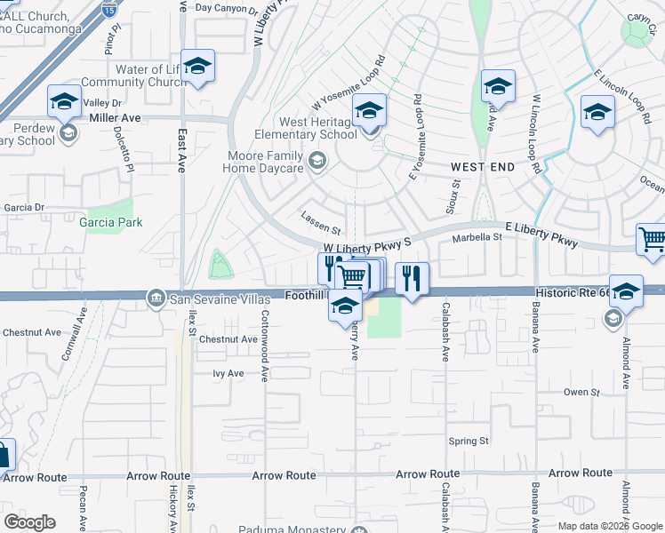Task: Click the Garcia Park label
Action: (x=111, y=222)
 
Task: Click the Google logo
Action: (x=31, y=521)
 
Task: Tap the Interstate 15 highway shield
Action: (x=109, y=11)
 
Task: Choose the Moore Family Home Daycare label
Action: (x=263, y=161)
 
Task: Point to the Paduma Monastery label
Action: (x=292, y=529)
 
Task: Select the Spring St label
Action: (x=469, y=441)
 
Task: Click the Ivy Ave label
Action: (x=228, y=374)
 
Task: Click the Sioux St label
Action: (x=452, y=198)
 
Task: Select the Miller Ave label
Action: (x=116, y=117)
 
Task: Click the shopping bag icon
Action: (x=4, y=456)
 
